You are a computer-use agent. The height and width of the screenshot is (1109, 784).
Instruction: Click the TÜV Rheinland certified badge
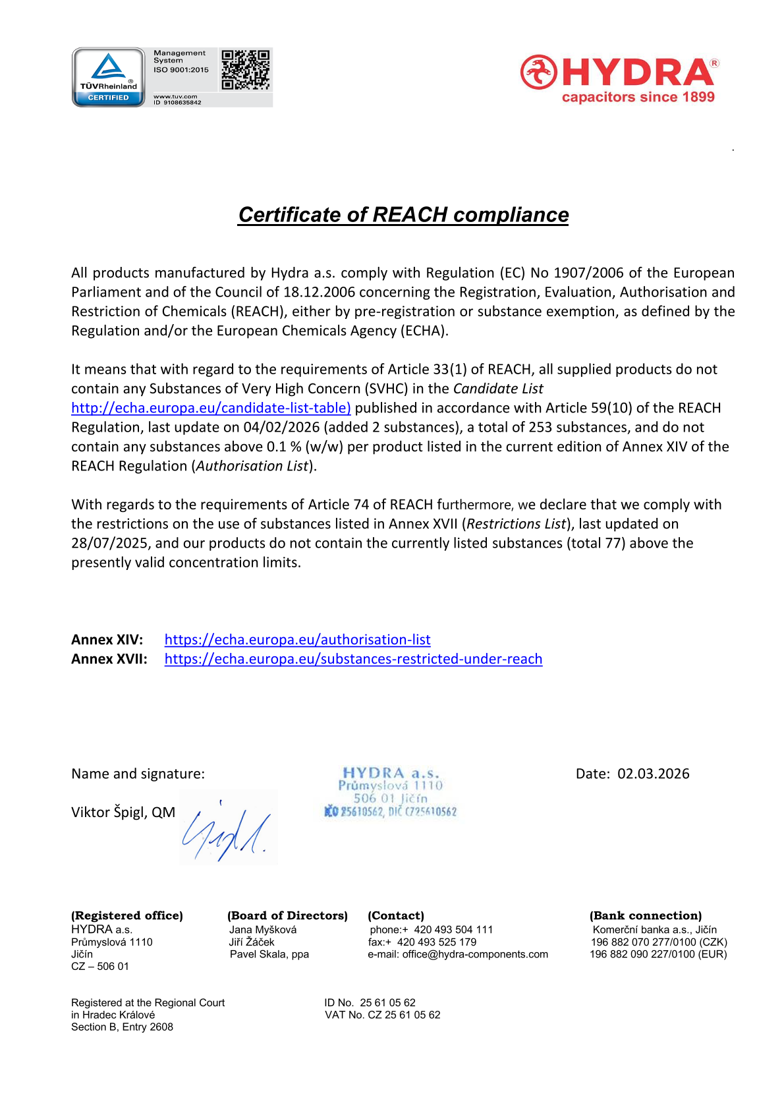(x=108, y=77)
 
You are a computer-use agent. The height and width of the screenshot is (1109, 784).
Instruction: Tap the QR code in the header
(x=245, y=70)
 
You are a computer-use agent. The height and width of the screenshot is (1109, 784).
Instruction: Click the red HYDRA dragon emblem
(x=538, y=72)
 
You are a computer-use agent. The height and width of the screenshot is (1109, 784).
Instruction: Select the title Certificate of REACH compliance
(x=403, y=215)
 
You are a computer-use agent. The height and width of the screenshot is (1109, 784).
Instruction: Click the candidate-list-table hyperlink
(x=211, y=408)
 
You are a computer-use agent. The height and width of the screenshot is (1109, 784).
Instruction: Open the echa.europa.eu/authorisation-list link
(x=297, y=640)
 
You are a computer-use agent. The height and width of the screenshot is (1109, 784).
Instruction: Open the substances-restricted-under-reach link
(x=353, y=659)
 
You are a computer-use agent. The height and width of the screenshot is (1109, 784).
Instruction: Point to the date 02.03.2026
(x=653, y=774)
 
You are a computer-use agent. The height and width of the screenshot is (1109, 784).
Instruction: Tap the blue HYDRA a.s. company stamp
(x=390, y=792)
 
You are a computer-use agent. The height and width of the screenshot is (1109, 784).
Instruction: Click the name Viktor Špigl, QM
(x=123, y=812)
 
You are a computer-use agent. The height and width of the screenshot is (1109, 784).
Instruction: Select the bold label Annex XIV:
(x=107, y=640)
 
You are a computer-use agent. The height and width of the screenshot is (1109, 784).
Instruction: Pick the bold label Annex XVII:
(x=109, y=659)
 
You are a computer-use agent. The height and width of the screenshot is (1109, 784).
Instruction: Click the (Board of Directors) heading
(x=287, y=915)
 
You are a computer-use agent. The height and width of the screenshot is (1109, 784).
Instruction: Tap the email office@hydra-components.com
(x=475, y=954)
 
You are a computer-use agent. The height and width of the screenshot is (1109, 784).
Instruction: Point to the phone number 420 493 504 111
(x=453, y=930)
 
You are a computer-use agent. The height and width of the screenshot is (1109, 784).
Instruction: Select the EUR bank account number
(x=658, y=954)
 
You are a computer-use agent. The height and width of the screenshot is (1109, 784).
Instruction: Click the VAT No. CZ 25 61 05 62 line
(x=382, y=1015)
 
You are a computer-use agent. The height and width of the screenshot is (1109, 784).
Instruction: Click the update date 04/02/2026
(x=281, y=427)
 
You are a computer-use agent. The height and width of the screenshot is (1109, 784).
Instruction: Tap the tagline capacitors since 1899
(x=638, y=98)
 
